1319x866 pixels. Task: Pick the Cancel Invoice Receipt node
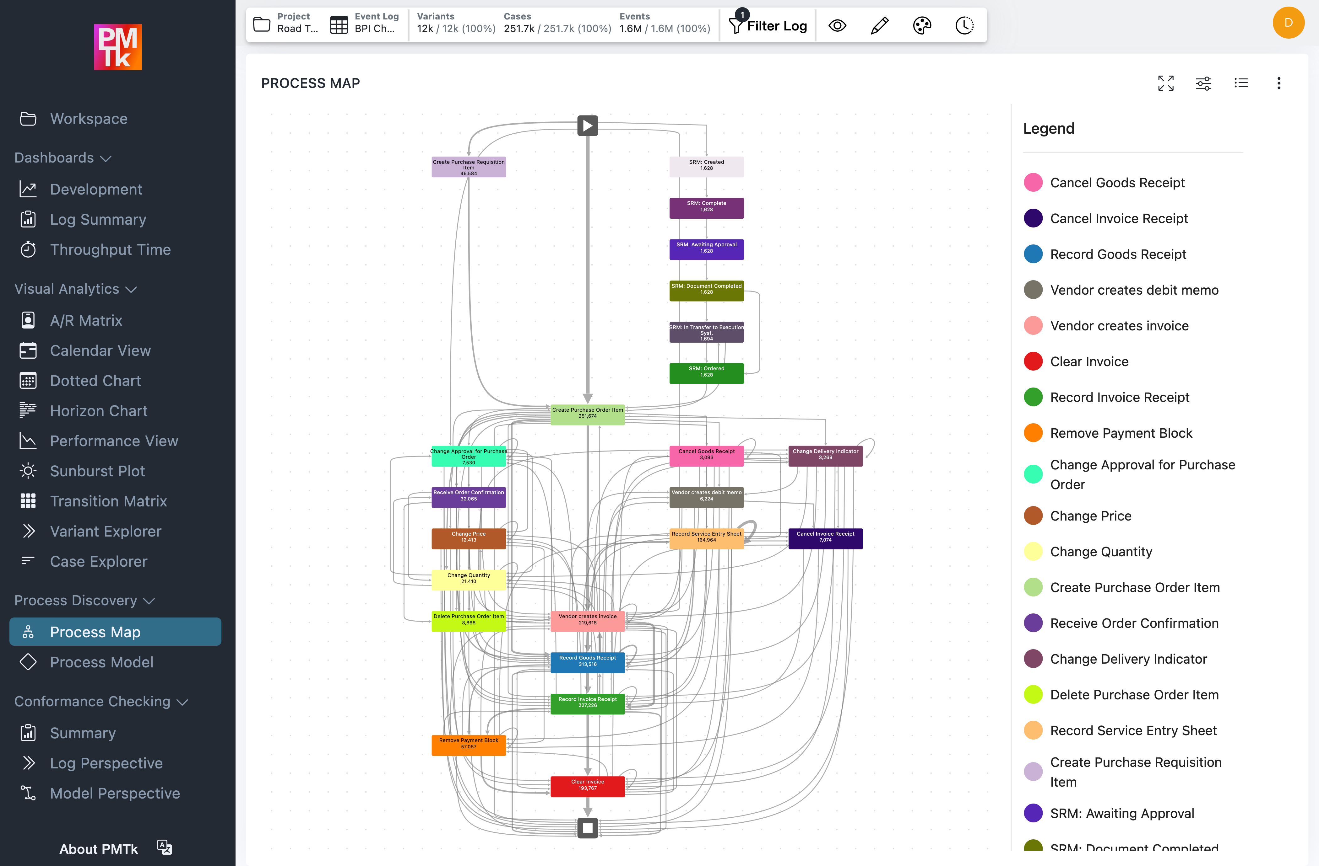[825, 538]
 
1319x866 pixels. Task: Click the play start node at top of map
[588, 126]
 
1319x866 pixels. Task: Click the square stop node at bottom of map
[588, 828]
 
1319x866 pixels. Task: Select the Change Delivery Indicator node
[825, 456]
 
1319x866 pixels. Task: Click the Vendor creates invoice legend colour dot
[1033, 326]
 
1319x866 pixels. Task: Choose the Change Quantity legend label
[1101, 552]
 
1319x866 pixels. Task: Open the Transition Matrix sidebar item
[108, 501]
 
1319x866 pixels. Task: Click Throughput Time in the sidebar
[110, 250]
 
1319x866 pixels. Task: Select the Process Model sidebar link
[101, 662]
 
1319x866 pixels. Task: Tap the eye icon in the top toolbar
[837, 25]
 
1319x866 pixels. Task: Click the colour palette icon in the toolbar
[922, 25]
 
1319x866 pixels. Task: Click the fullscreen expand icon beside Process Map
[1165, 83]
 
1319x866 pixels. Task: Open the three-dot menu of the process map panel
[1278, 83]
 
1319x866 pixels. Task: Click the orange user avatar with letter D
[1288, 23]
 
